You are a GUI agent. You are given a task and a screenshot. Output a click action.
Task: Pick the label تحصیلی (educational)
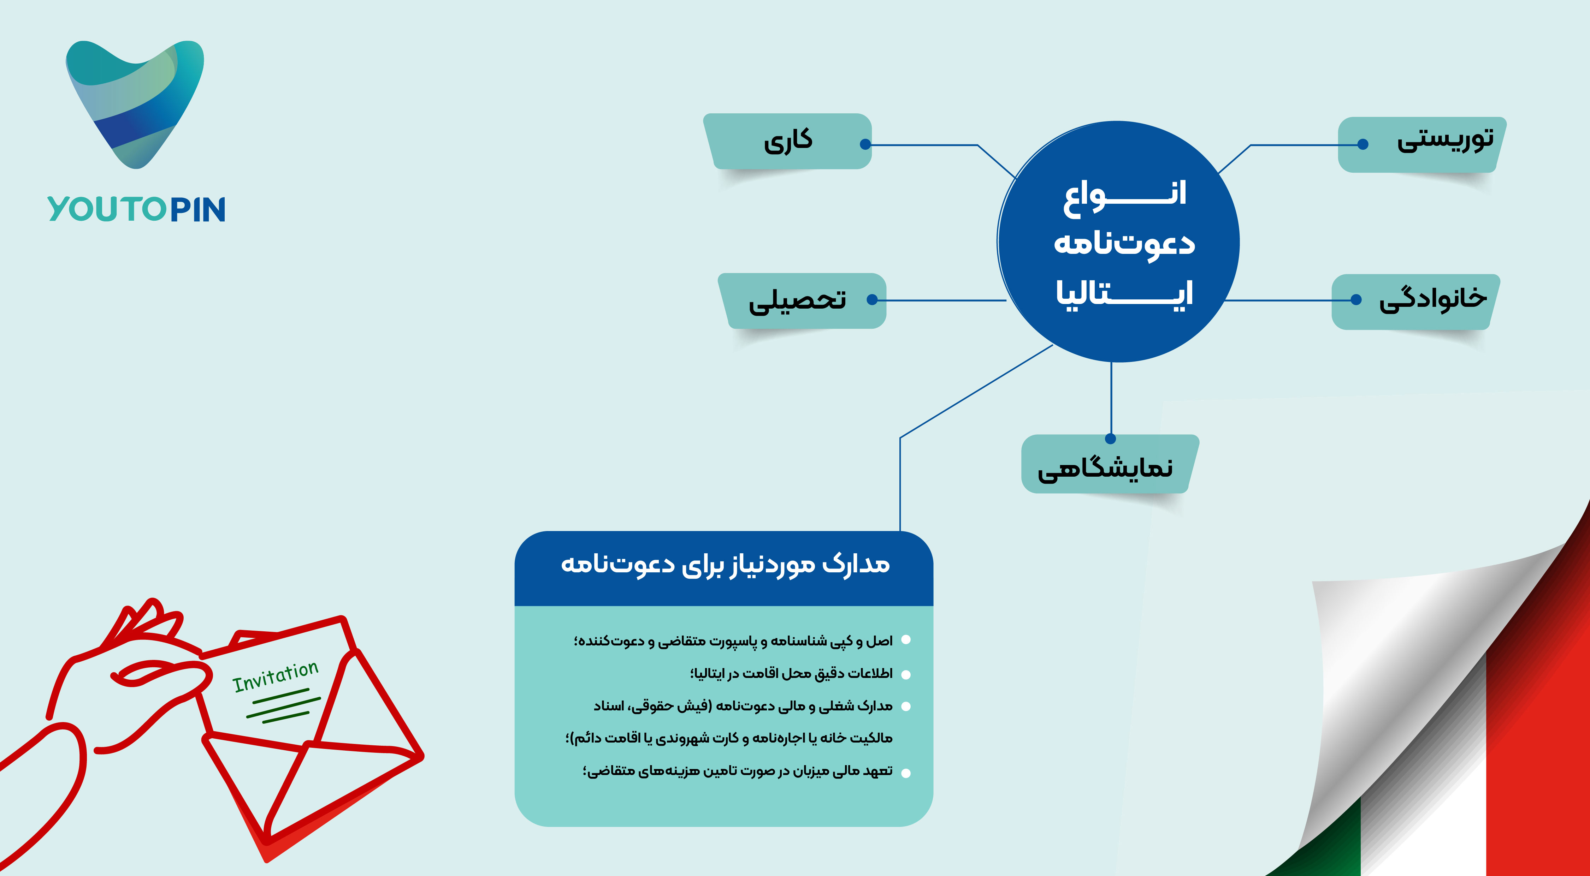click(797, 300)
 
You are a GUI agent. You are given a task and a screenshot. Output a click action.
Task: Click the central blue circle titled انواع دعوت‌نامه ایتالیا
click(1118, 241)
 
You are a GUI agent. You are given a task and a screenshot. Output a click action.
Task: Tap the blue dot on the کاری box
click(865, 144)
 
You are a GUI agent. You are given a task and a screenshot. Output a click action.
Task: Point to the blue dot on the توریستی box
click(1363, 144)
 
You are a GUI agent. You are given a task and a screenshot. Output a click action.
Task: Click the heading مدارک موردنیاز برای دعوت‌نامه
click(725, 565)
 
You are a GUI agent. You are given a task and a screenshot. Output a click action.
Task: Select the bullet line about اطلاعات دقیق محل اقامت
click(791, 673)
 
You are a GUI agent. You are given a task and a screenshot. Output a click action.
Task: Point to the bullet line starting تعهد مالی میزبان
click(738, 771)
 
